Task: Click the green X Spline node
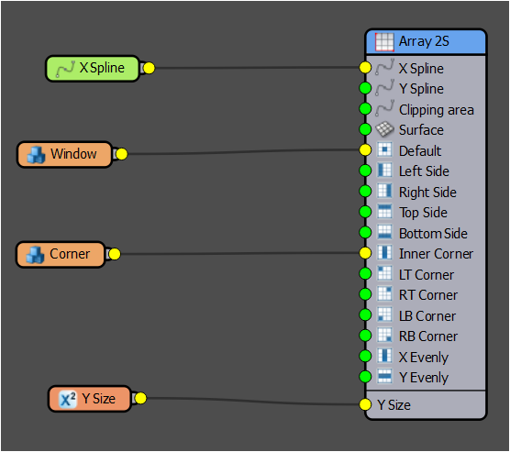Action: click(x=92, y=68)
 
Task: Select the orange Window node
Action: click(x=63, y=154)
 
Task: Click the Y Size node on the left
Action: click(x=89, y=399)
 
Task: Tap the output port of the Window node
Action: click(x=120, y=154)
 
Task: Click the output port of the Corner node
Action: click(x=115, y=254)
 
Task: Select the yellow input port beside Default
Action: click(x=365, y=150)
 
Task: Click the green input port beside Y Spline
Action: click(x=365, y=89)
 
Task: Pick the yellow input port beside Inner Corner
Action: click(x=365, y=254)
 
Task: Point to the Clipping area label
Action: click(x=436, y=110)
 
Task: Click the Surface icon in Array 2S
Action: click(x=385, y=130)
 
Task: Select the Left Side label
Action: click(x=424, y=171)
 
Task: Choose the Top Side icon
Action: click(x=385, y=213)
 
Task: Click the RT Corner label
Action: click(x=427, y=295)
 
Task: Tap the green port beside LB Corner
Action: click(x=365, y=315)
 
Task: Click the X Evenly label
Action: click(x=423, y=357)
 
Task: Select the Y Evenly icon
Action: click(x=385, y=377)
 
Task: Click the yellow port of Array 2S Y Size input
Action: click(x=365, y=404)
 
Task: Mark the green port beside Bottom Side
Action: click(x=365, y=233)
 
